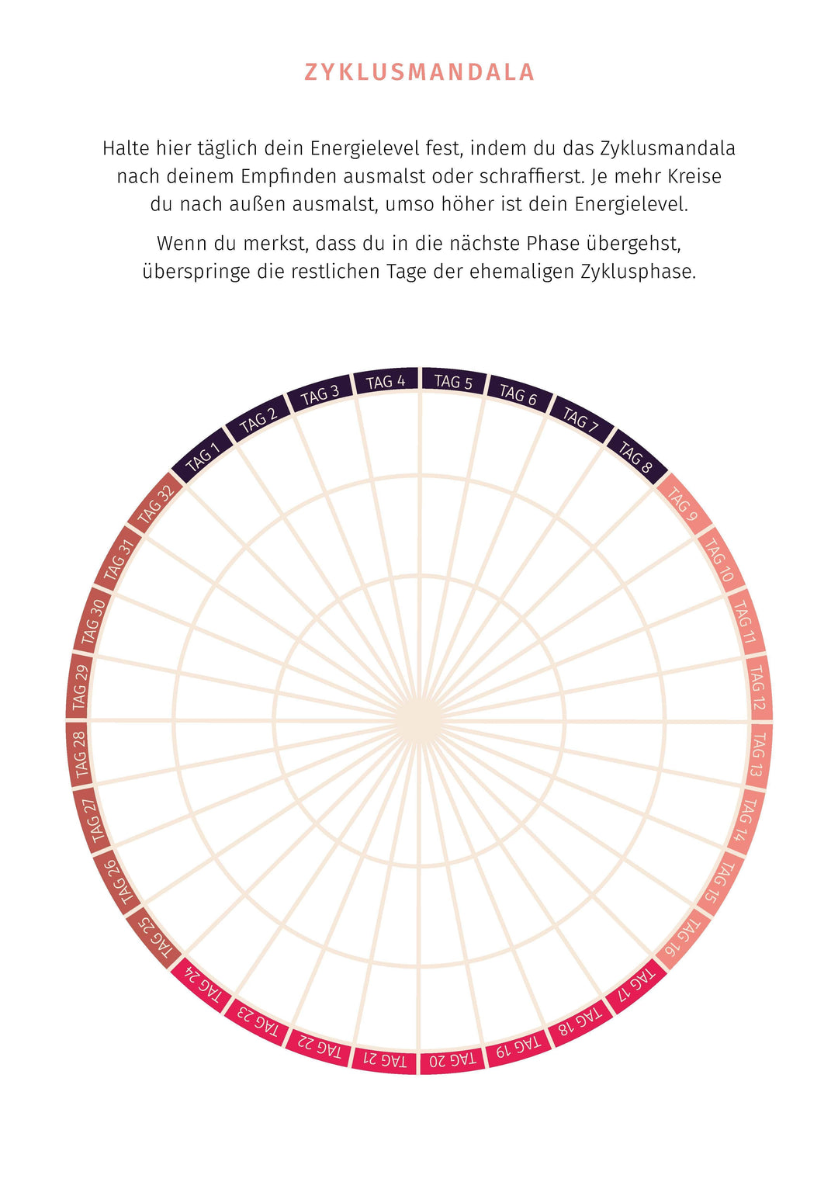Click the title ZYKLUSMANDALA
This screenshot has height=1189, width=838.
point(419,72)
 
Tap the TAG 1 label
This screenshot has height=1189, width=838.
point(203,457)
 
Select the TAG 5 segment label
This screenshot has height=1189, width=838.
point(453,381)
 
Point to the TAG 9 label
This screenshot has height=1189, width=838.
point(683,504)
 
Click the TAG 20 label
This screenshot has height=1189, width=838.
point(453,1059)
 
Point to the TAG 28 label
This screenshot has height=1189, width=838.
point(79,754)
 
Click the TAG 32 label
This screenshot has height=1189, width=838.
point(155,504)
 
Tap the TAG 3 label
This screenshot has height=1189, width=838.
point(320,394)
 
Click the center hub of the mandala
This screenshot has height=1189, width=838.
point(419,720)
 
